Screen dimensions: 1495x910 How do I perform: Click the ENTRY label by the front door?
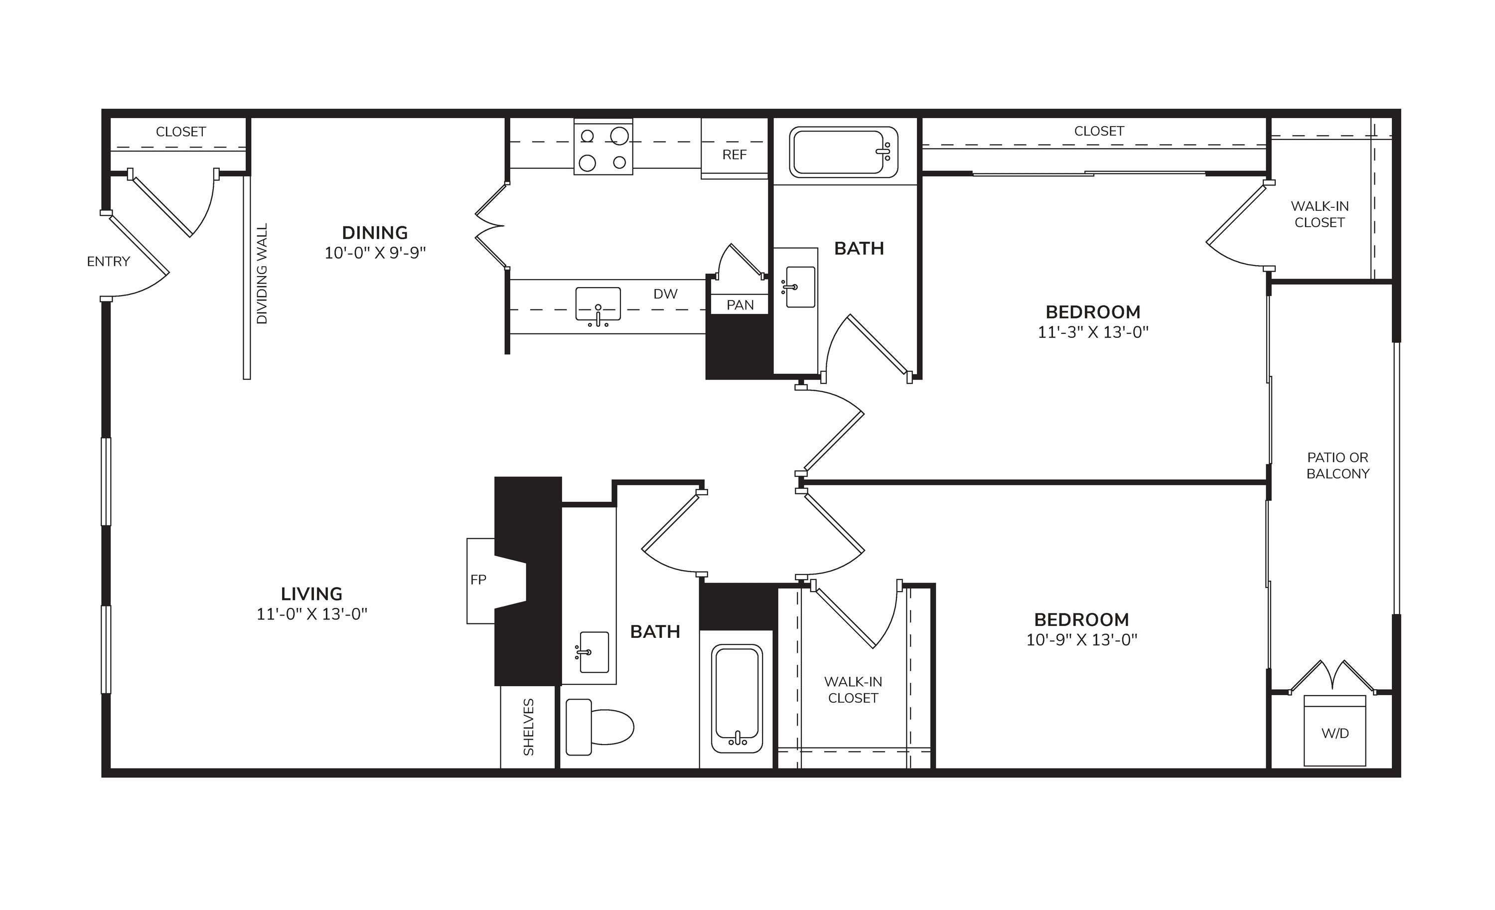tap(109, 262)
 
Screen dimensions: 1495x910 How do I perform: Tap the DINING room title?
tap(375, 233)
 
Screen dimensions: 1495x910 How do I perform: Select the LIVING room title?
tap(312, 594)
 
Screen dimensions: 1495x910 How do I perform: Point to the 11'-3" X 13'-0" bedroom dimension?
tap(1093, 332)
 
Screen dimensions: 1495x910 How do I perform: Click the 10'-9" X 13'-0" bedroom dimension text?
tap(1082, 640)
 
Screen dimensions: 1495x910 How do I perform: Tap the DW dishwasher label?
tap(666, 294)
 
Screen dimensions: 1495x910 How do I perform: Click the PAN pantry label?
tap(740, 305)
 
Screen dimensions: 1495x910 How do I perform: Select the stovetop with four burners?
tap(603, 148)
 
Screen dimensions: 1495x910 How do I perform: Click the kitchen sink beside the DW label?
tap(598, 305)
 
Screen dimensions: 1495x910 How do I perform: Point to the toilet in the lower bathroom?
tap(599, 727)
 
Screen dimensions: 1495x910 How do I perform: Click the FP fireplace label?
tap(478, 580)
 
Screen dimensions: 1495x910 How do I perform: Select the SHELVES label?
tap(528, 727)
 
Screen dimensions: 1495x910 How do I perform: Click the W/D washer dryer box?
tap(1335, 731)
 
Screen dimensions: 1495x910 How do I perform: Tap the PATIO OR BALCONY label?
tap(1338, 466)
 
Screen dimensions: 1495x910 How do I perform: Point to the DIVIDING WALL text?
tap(262, 274)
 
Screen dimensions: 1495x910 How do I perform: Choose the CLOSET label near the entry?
tap(181, 132)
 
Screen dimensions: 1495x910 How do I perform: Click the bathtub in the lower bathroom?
tap(737, 698)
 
